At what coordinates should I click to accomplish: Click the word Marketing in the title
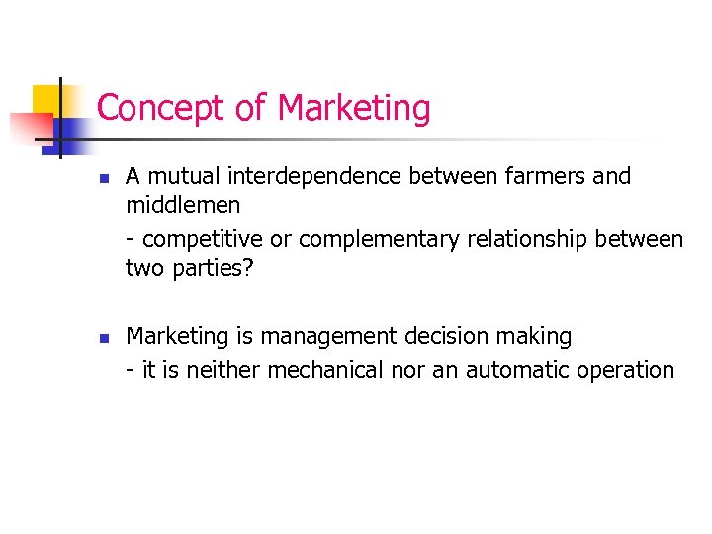355,108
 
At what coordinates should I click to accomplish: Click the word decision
438,337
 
